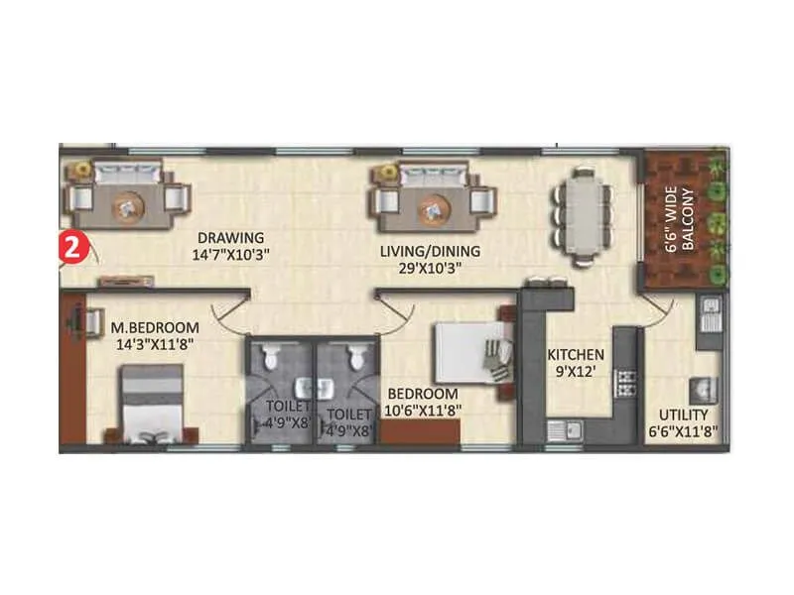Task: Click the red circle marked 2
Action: click(x=72, y=246)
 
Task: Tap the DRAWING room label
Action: click(x=230, y=238)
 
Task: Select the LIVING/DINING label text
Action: click(x=430, y=251)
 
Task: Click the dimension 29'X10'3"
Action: click(x=430, y=268)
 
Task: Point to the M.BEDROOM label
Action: click(x=154, y=327)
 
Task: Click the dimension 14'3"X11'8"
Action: click(x=154, y=344)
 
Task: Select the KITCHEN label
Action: click(x=577, y=353)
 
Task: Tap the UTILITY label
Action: click(x=684, y=415)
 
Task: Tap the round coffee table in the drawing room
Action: click(x=126, y=205)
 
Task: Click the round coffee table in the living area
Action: click(x=432, y=207)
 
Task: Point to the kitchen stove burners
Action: click(x=625, y=382)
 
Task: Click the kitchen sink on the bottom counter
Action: click(x=566, y=428)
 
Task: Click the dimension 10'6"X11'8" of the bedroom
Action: click(x=424, y=408)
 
